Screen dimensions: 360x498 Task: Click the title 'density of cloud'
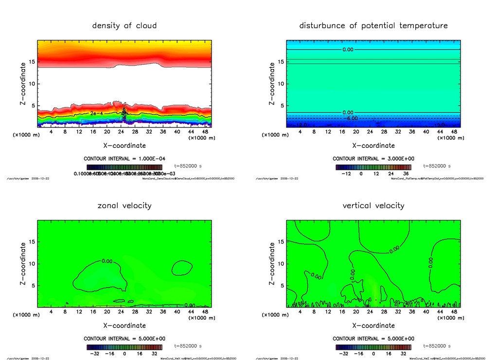tap(124, 25)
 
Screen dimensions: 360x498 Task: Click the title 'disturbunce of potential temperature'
tap(373, 25)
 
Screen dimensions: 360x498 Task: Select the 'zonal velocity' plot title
tap(124, 205)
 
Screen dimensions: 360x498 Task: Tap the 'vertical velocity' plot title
tap(373, 205)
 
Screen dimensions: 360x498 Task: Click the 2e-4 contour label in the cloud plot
tap(95, 113)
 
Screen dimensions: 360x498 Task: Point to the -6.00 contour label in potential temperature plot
tap(351, 118)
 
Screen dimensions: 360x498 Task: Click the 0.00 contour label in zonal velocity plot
tap(107, 261)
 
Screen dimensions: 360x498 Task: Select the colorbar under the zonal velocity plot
tap(124, 347)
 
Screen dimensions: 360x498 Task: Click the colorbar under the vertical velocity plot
tap(373, 347)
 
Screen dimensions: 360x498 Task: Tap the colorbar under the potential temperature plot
tap(373, 167)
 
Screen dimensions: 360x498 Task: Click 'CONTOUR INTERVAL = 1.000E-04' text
tap(124, 159)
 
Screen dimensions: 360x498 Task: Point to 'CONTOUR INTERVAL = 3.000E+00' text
tap(373, 159)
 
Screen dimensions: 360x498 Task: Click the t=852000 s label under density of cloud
tap(187, 166)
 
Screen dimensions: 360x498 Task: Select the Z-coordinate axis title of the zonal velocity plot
tap(23, 264)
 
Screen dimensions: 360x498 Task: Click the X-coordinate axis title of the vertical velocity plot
tap(373, 325)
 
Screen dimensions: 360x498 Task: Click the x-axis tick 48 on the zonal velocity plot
tap(204, 312)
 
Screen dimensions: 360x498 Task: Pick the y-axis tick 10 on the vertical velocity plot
tap(281, 264)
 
